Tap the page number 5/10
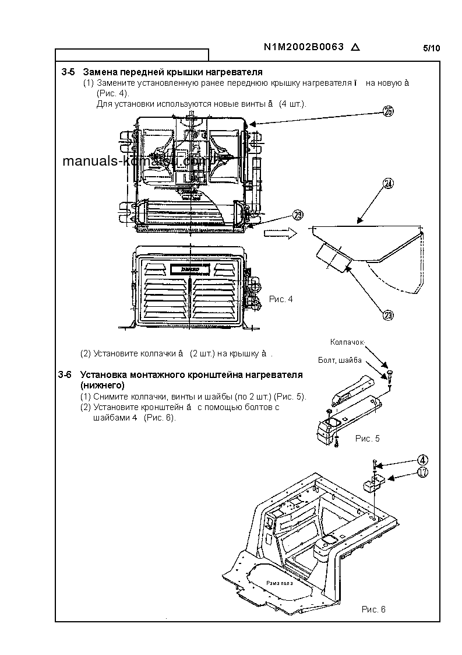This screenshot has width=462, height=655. [431, 48]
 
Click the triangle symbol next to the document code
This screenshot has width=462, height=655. [355, 48]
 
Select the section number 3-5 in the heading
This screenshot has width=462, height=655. [68, 72]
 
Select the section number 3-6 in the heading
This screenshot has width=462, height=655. [65, 374]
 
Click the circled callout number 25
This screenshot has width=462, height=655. [389, 113]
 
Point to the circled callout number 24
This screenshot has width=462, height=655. [389, 183]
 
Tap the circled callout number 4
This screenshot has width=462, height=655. [423, 461]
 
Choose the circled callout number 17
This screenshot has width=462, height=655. [423, 473]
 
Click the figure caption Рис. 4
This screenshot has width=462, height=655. [281, 299]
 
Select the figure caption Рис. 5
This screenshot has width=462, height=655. [367, 438]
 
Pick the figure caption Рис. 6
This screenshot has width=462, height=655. [373, 609]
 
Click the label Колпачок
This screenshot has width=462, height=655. [347, 342]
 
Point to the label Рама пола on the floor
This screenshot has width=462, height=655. [280, 582]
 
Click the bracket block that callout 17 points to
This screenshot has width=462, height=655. [371, 484]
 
